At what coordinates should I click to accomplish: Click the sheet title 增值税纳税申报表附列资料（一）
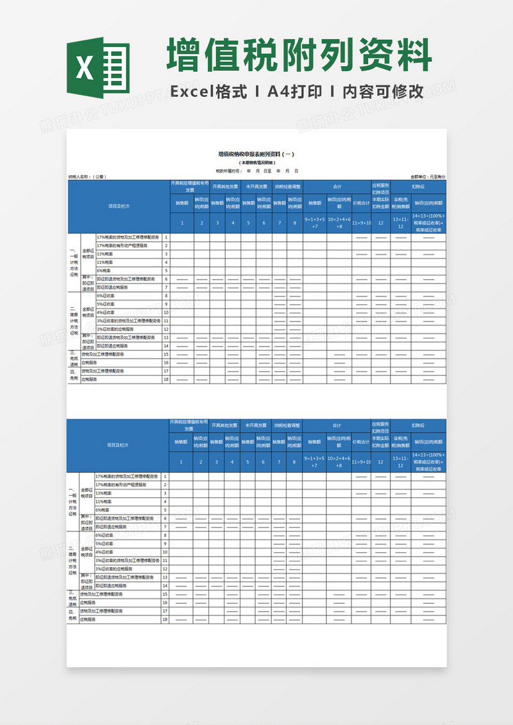[256, 154]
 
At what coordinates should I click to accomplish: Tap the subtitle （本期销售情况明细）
[256, 163]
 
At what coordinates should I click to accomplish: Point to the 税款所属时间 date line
[256, 171]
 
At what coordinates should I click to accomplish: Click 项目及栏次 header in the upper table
[119, 206]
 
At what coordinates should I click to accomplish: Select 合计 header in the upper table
[337, 187]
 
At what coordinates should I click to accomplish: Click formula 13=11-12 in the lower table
[401, 461]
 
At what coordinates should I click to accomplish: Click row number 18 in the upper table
[165, 379]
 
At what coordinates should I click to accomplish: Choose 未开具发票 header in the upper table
[256, 187]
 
